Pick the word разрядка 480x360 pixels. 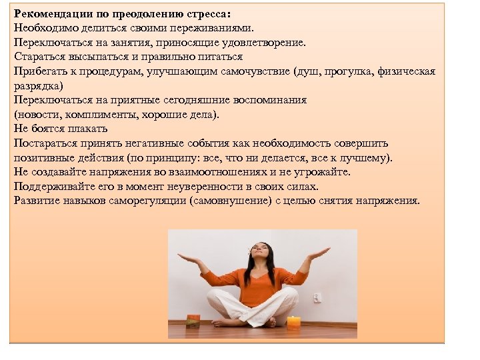coord(37,86)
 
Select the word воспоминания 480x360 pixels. coord(269,100)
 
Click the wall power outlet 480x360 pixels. coord(317,297)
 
